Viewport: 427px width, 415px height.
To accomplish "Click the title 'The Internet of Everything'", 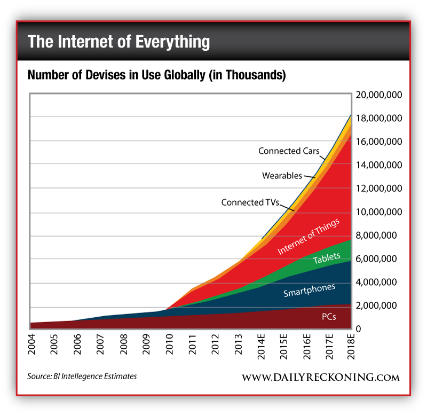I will click(118, 42).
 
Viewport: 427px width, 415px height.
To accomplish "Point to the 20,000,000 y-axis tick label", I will click(378, 95).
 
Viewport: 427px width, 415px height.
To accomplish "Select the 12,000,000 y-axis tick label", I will click(378, 189).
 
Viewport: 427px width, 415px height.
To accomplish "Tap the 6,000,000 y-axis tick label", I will click(378, 259).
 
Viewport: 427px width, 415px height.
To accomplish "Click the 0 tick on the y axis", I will click(359, 329).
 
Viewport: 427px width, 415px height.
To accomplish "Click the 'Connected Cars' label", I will click(289, 151).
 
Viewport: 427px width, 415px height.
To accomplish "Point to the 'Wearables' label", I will click(282, 175).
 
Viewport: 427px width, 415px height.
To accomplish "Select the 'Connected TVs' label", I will click(250, 202).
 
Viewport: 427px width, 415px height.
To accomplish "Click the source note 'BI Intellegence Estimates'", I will click(82, 376).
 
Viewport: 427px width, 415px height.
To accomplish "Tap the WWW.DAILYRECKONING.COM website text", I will click(320, 377).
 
